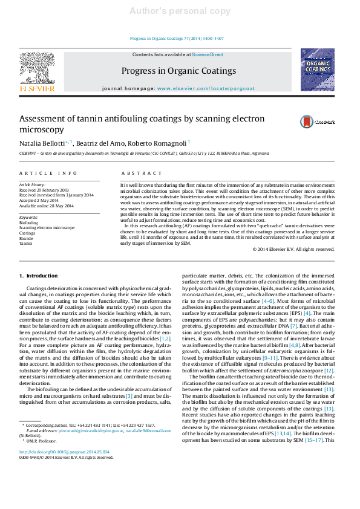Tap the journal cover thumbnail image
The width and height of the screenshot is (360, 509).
[x=317, y=70]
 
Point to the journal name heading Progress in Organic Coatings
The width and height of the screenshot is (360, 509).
[x=179, y=71]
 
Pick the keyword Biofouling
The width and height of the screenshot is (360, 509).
[x=28, y=222]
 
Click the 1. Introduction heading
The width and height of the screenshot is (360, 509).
[x=39, y=276]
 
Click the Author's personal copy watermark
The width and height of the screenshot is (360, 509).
[x=180, y=11]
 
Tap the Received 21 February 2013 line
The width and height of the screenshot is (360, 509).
[x=44, y=190]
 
